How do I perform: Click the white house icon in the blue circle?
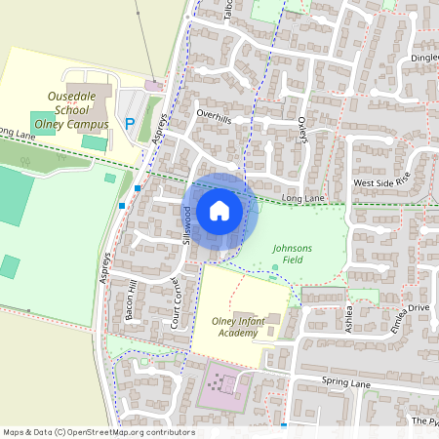tap(219, 210)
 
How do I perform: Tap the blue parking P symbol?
tap(130, 124)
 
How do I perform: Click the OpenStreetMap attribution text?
tap(99, 432)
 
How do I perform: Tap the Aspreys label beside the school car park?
tap(162, 126)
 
